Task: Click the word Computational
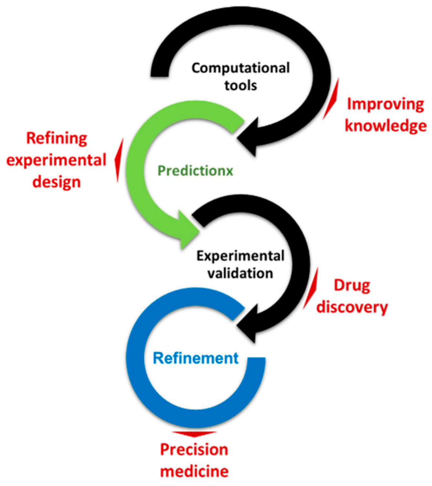click(241, 68)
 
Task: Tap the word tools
click(241, 86)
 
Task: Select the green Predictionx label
click(195, 171)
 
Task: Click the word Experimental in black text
click(241, 256)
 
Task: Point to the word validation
click(240, 274)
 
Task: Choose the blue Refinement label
click(196, 358)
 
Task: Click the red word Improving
click(385, 105)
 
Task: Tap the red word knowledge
click(386, 126)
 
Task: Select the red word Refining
click(57, 139)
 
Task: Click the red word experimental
click(57, 160)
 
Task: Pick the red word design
click(57, 182)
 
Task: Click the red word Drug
click(352, 286)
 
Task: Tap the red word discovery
click(352, 307)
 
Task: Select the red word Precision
click(194, 450)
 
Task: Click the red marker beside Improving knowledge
click(331, 99)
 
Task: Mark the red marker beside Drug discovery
click(311, 288)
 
